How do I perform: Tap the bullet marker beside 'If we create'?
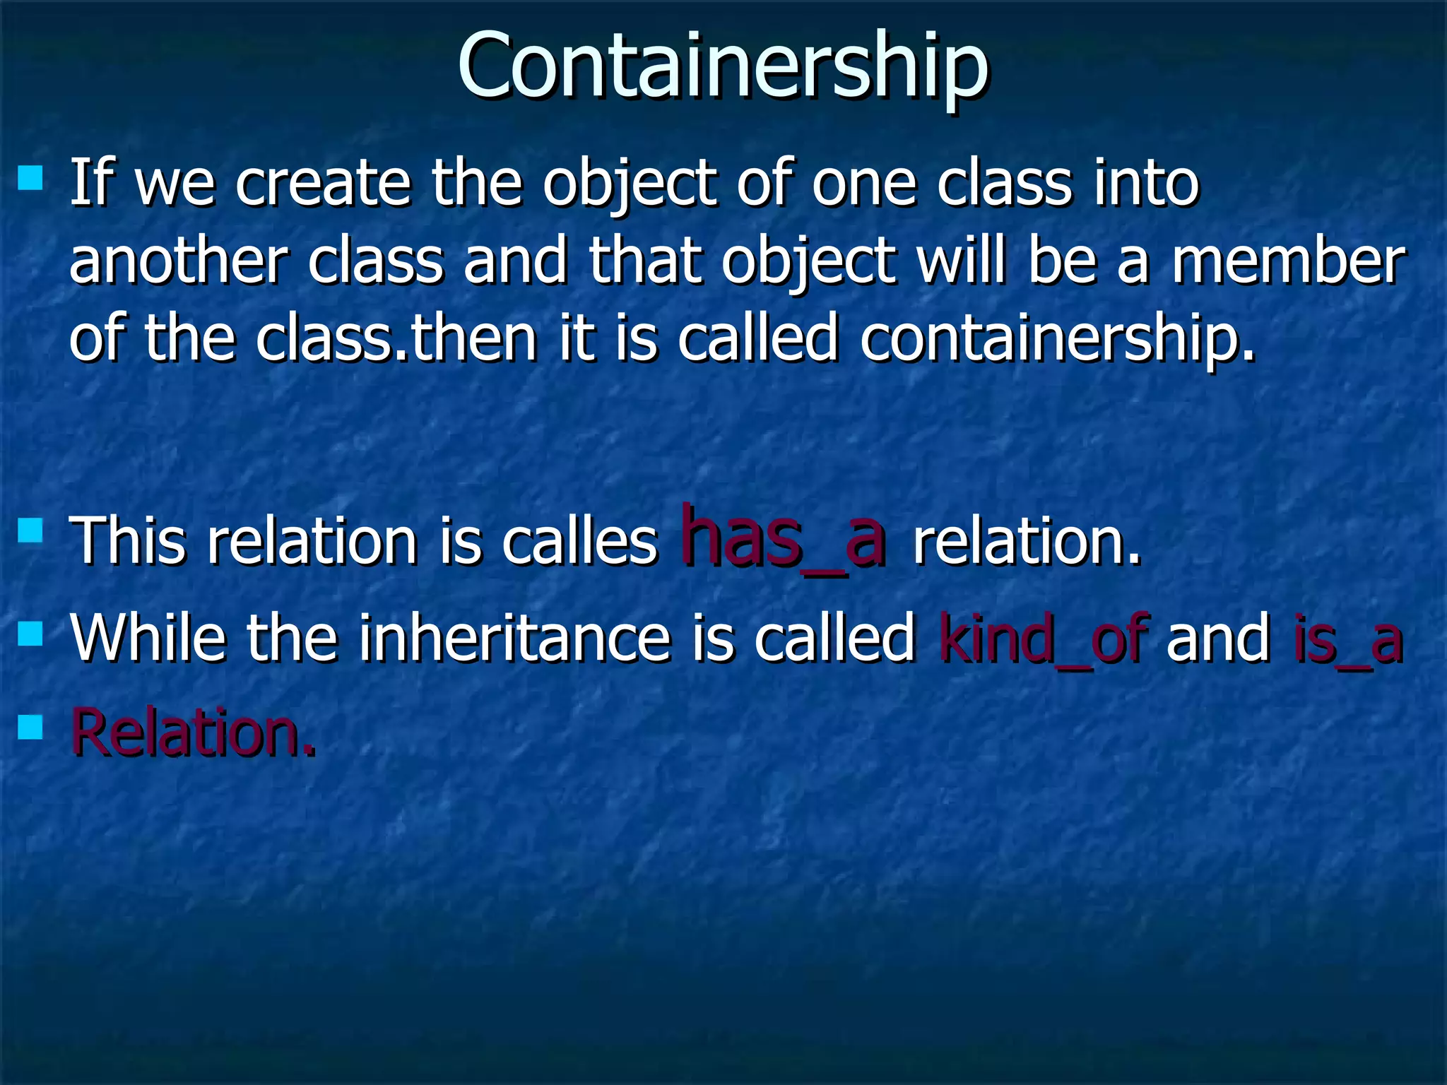point(30,178)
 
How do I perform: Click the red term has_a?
point(782,538)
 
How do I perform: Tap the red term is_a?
point(1347,639)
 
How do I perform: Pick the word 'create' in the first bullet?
point(323,184)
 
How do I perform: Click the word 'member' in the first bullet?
point(1288,261)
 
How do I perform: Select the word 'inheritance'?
point(514,639)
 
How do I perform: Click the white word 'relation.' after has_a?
point(1027,542)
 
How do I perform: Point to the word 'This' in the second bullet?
point(128,542)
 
